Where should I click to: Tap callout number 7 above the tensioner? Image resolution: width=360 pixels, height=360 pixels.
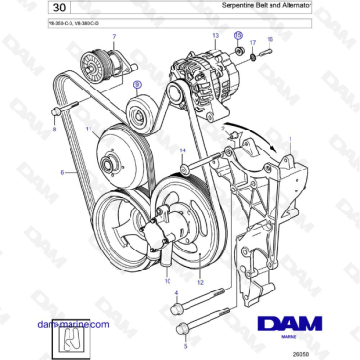(x=114, y=37)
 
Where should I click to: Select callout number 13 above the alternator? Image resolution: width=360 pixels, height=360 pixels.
(x=215, y=33)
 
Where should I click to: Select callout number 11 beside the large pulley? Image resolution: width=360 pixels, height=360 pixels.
(x=88, y=129)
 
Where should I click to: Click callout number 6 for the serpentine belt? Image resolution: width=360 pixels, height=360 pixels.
(x=63, y=172)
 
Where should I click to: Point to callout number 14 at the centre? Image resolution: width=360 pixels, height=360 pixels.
(x=183, y=150)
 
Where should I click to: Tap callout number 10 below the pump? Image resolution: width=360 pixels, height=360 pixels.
(x=168, y=282)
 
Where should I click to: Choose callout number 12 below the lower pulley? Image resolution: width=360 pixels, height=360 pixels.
(x=200, y=282)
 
